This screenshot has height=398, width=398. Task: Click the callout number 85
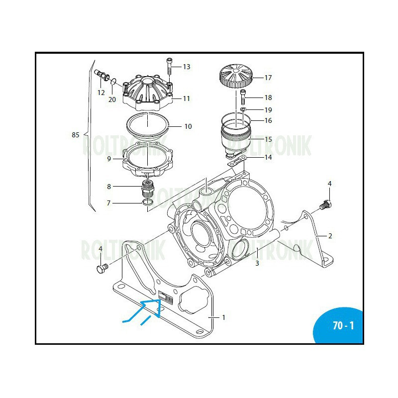(76, 135)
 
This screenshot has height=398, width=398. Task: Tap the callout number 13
(187, 67)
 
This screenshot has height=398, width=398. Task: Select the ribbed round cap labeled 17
(237, 77)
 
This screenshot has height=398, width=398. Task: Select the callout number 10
(188, 126)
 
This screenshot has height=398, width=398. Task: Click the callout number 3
(257, 263)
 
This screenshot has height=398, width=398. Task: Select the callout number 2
(329, 236)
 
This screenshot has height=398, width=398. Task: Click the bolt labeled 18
(243, 95)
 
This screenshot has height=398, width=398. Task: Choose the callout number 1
(223, 317)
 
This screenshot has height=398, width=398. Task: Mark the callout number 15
(268, 139)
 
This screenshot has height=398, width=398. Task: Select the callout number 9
(108, 159)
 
